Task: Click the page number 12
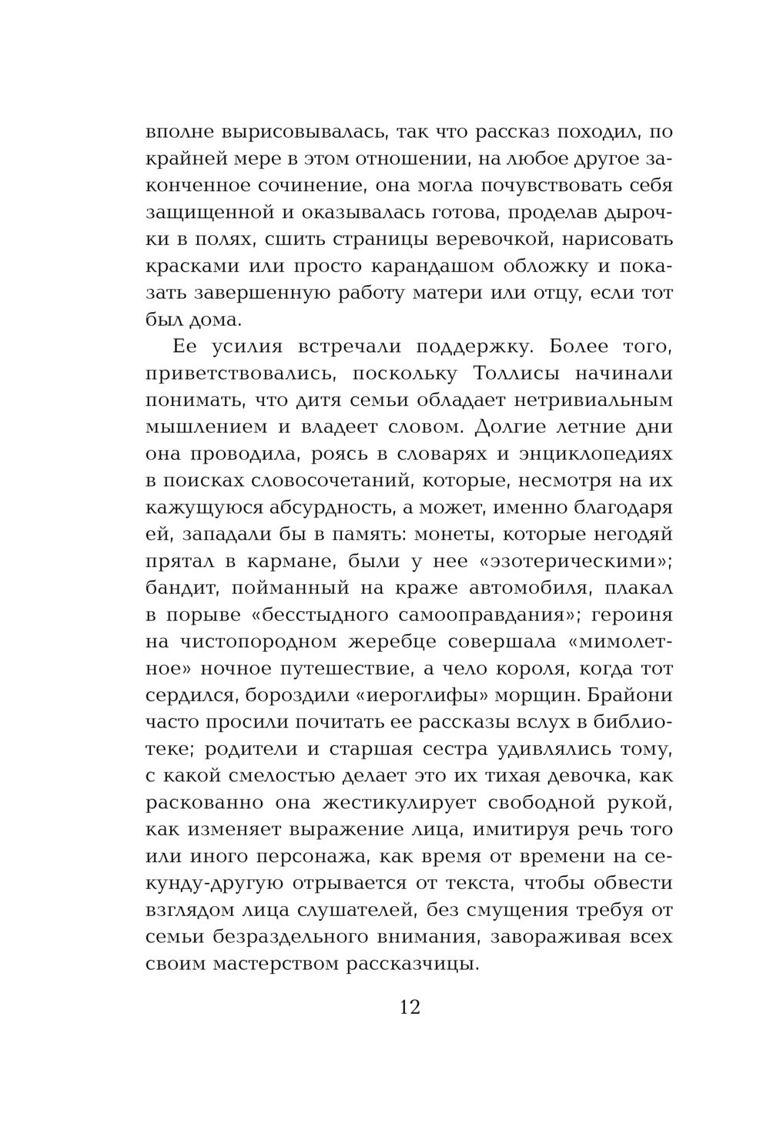(x=410, y=1007)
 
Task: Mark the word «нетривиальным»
(x=591, y=401)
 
